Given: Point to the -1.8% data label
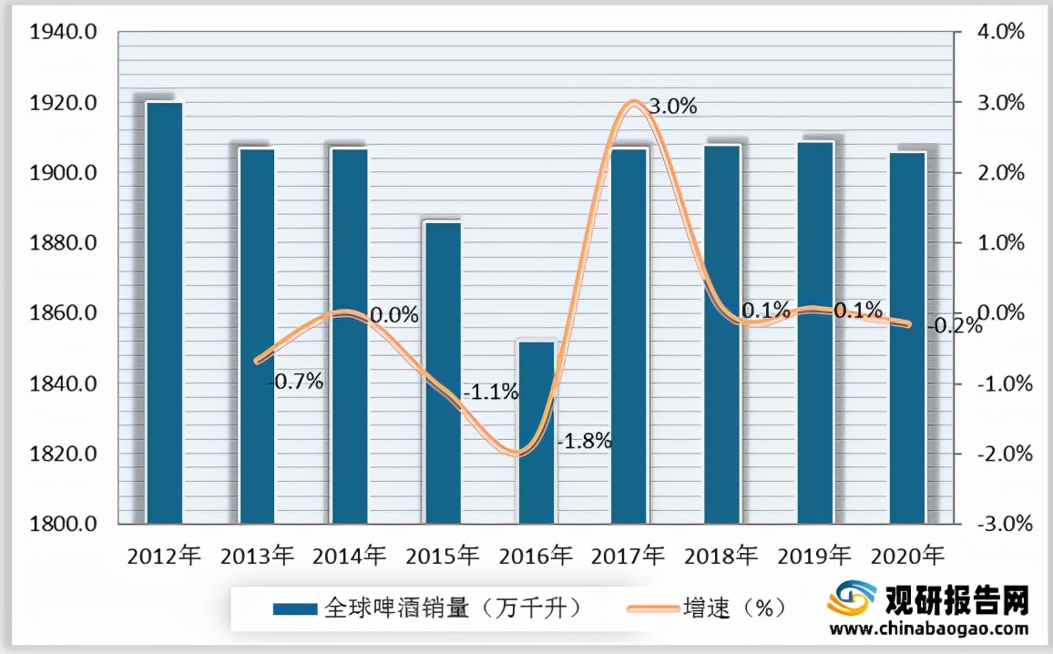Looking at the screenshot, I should point(583,443).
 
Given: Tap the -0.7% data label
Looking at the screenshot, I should point(297,382).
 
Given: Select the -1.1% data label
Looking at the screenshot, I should point(490,393).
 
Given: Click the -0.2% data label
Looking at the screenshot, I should point(956,325).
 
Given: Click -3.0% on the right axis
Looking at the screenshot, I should point(999,524).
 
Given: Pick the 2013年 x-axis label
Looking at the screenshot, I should point(257,554).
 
